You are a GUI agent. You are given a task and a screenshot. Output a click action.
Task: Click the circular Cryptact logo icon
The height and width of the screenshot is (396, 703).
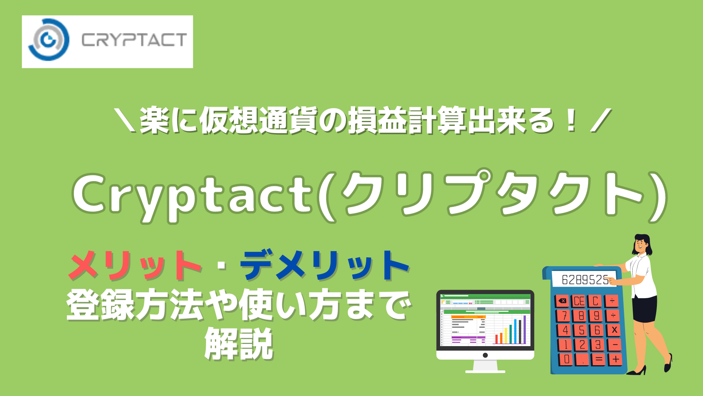(48, 40)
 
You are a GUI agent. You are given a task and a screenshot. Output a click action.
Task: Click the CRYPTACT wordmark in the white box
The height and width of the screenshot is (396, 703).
(134, 40)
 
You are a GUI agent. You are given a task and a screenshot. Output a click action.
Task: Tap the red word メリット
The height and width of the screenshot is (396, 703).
(135, 265)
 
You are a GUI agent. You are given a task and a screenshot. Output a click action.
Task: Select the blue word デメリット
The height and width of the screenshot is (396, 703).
(324, 265)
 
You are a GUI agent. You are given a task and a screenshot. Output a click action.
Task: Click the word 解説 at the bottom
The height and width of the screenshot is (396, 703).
(239, 344)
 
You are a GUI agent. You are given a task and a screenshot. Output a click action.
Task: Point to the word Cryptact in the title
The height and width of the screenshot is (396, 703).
(192, 195)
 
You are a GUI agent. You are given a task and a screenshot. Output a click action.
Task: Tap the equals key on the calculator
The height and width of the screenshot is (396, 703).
(599, 359)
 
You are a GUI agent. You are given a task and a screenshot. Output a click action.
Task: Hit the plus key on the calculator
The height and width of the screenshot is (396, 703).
(616, 359)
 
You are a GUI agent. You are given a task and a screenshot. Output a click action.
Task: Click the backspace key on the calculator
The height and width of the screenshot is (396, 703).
(562, 301)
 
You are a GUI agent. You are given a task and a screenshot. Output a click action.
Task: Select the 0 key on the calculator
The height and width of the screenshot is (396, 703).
(566, 359)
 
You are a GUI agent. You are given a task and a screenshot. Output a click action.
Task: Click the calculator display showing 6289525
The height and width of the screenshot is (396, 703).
(585, 280)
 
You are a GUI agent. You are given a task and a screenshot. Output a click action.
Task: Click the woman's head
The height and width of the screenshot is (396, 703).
(641, 244)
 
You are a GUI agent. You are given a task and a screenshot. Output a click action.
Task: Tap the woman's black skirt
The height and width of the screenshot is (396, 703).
(645, 308)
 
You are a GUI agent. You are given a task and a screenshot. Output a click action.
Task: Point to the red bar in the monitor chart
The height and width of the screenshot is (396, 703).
(496, 339)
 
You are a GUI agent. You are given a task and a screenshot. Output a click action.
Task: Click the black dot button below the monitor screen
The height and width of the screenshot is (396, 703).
(485, 355)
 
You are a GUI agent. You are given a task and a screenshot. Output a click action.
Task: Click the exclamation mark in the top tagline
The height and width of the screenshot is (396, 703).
(570, 121)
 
